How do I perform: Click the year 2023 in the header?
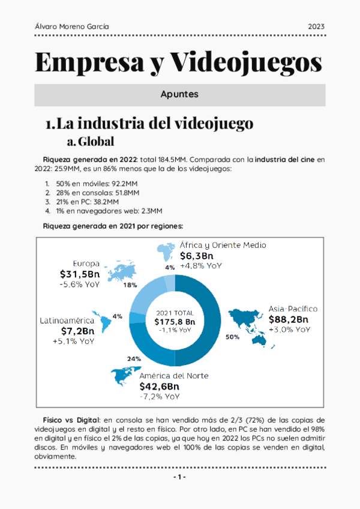point(316,26)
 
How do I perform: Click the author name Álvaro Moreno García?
point(71,26)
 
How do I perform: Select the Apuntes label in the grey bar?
point(179,95)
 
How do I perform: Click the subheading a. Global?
point(91,142)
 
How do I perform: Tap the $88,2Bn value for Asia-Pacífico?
point(288,319)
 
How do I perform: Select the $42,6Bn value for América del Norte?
point(160,386)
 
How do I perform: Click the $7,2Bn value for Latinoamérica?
point(77,331)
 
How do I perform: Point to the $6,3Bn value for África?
point(197,256)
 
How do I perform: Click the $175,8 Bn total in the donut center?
point(175,321)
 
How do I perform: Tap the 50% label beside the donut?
point(232,337)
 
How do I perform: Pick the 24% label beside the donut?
point(134,359)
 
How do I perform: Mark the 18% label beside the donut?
point(130,285)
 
